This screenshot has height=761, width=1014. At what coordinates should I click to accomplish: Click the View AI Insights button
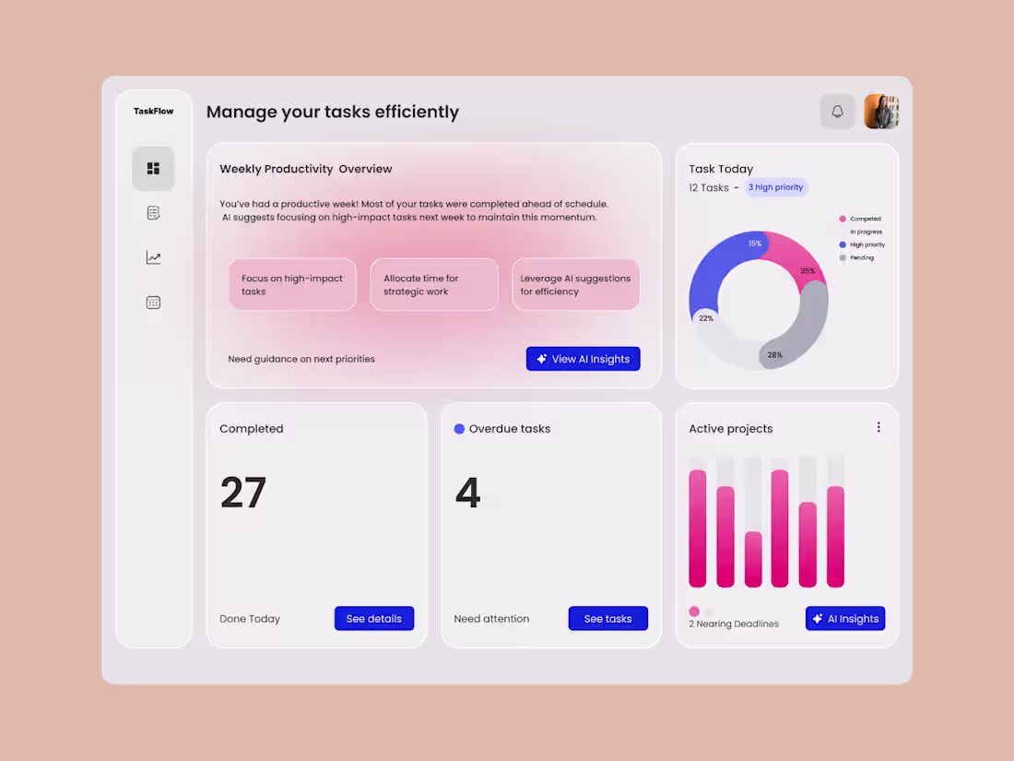tap(583, 359)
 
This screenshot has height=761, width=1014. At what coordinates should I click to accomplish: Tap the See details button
tap(373, 618)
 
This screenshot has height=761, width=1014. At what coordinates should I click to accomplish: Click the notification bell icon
tap(837, 112)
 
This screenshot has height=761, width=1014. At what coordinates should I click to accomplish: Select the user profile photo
tap(881, 112)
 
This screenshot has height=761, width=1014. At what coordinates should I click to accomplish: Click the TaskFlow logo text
tap(153, 112)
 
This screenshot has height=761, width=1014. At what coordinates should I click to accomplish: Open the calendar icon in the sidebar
tap(153, 302)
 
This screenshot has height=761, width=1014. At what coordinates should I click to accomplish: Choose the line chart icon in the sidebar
tap(153, 257)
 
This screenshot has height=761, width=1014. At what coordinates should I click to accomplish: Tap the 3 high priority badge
tap(775, 187)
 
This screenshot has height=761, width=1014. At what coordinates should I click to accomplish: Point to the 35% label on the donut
tap(808, 271)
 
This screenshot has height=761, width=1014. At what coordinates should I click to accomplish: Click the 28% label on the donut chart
tap(774, 354)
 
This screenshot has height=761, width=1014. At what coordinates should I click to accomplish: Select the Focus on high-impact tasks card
tap(292, 284)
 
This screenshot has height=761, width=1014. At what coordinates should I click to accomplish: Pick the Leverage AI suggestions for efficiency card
tap(575, 284)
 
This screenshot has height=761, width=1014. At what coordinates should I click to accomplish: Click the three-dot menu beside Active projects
tap(878, 427)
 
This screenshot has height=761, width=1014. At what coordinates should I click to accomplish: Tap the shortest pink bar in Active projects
tap(753, 559)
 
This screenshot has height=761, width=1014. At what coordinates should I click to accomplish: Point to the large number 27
tap(243, 493)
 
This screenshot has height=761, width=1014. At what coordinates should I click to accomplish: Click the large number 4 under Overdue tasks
tap(468, 493)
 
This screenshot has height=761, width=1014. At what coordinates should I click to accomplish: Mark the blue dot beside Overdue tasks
tap(459, 428)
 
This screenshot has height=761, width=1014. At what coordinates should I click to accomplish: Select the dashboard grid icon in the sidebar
tap(153, 168)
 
